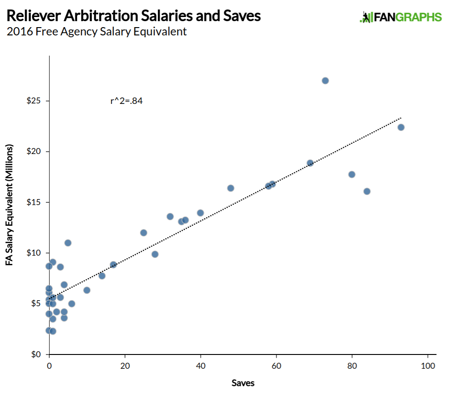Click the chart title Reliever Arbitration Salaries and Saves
(x=134, y=17)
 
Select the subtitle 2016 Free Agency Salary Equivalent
(x=96, y=32)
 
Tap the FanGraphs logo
(x=400, y=17)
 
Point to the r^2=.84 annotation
(x=126, y=101)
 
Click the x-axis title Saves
(x=243, y=383)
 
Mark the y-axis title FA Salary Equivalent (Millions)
(x=10, y=205)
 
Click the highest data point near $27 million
(x=325, y=80)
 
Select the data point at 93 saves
(x=401, y=127)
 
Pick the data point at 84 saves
(x=367, y=191)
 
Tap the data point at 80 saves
(x=352, y=174)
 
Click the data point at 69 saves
(x=310, y=163)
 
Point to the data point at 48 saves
(x=231, y=188)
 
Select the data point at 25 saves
(x=143, y=233)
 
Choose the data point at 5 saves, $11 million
(x=68, y=243)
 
